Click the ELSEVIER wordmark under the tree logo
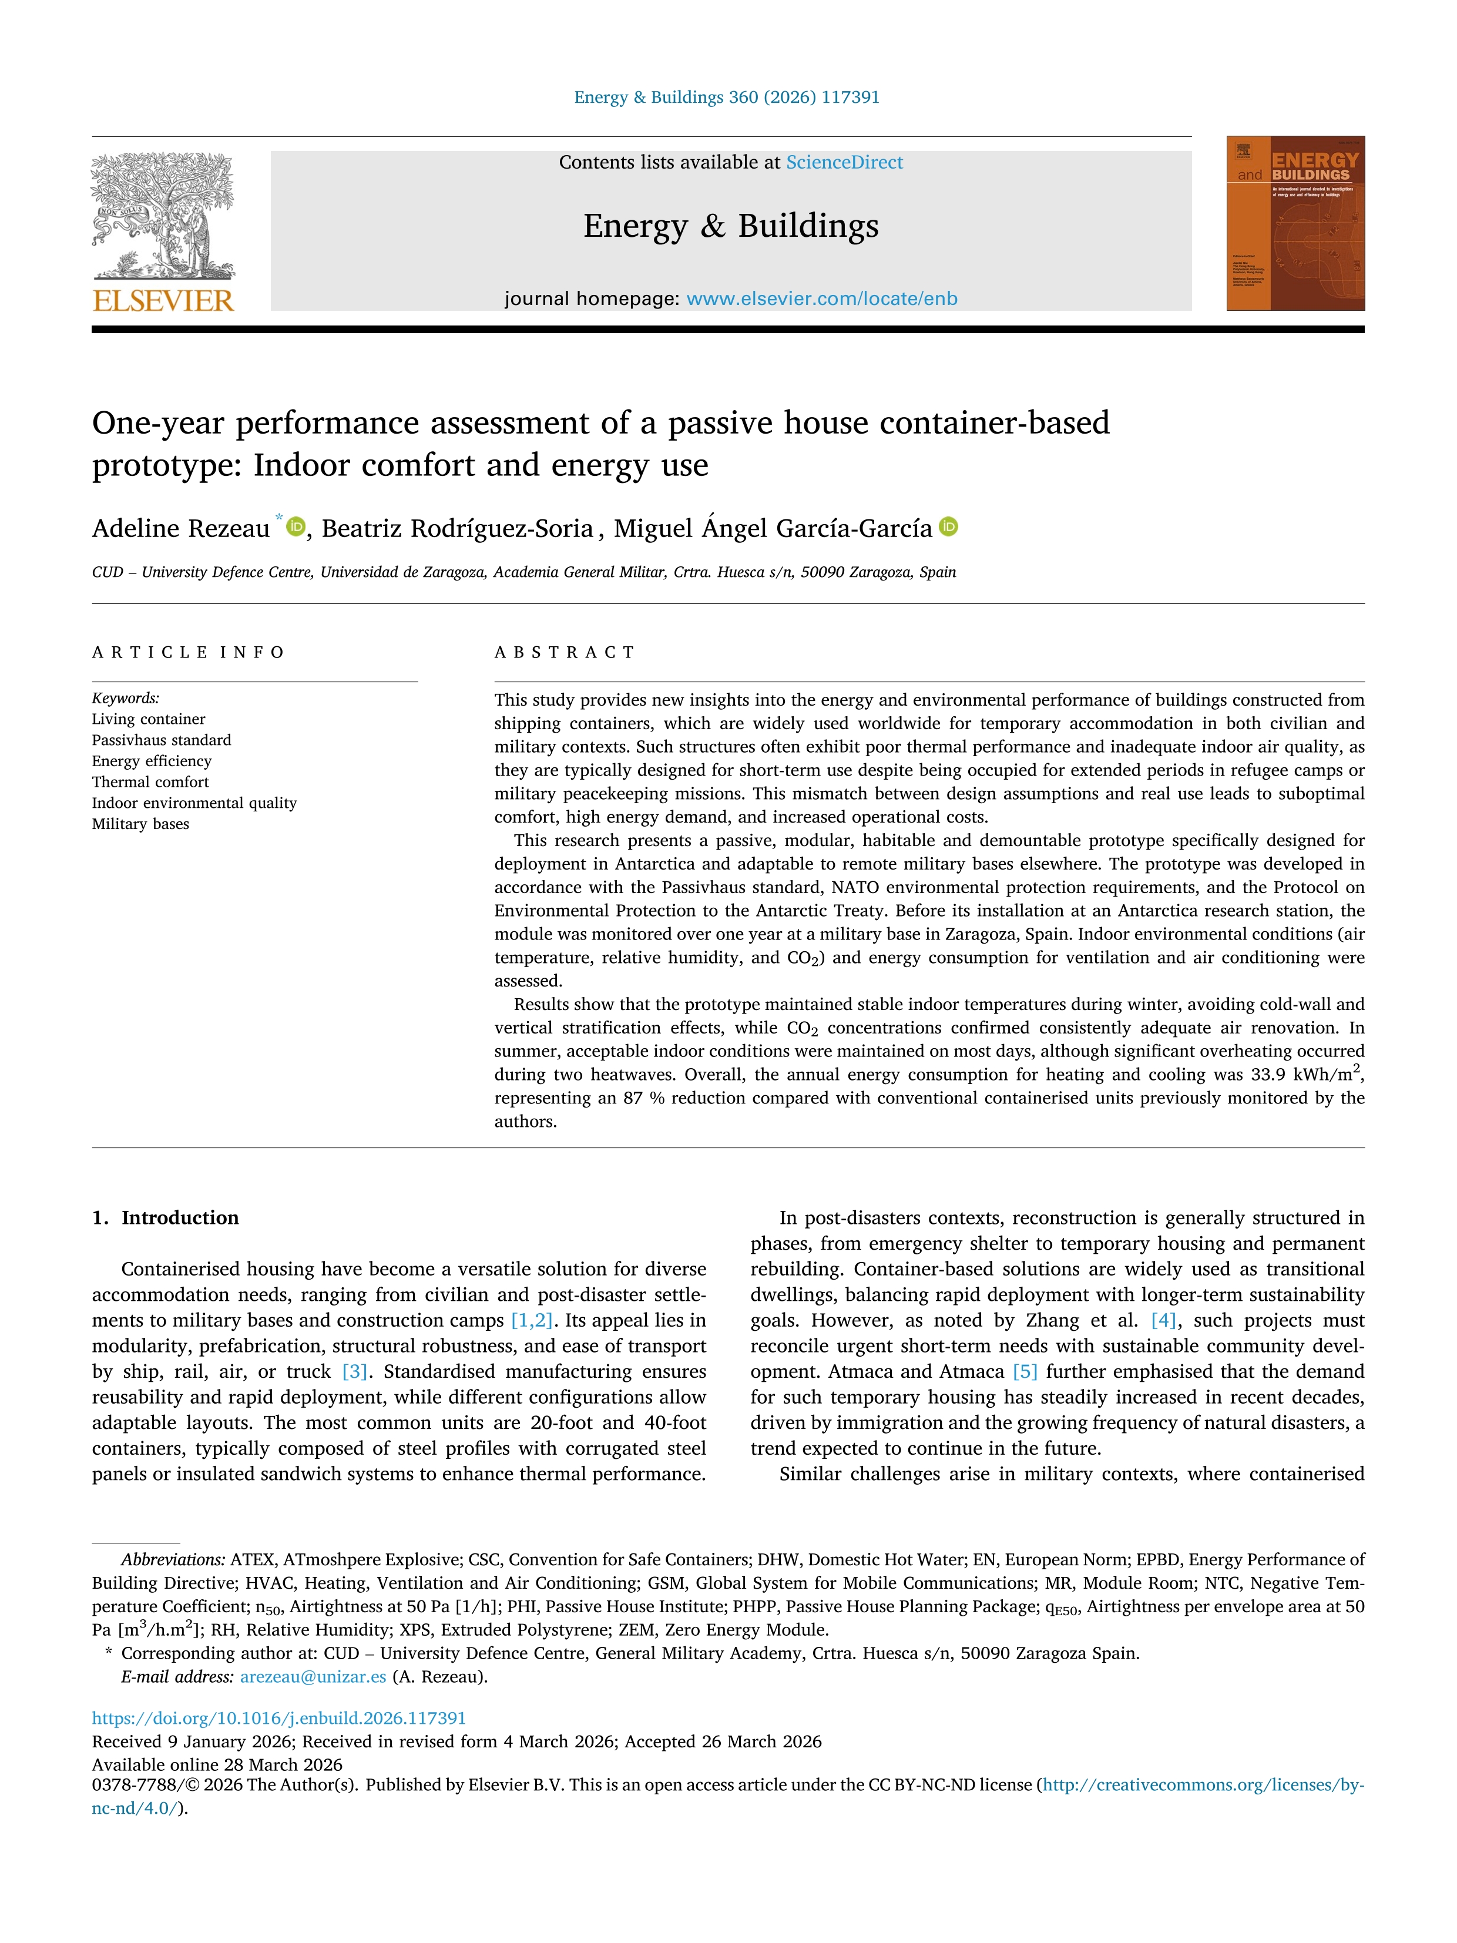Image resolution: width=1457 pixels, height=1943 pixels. [x=163, y=300]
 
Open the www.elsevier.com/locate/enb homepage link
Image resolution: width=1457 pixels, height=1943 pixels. [x=821, y=298]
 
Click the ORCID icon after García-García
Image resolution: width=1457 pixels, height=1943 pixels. [x=948, y=527]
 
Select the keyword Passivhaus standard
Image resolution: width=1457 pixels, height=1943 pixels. [x=162, y=740]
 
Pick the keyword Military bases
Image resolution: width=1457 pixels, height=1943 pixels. [x=140, y=824]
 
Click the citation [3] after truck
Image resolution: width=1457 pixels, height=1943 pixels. [x=354, y=1372]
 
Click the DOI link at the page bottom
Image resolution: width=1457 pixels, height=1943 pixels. [x=279, y=1718]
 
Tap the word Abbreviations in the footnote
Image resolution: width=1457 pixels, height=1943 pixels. [x=173, y=1560]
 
